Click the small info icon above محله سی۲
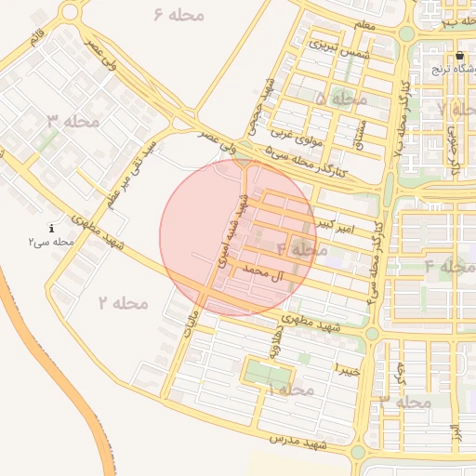[x=51, y=228]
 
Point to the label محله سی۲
[x=50, y=242]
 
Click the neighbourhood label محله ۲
[x=123, y=302]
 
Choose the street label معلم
[x=365, y=25]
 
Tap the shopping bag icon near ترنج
[x=459, y=56]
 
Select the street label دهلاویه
[x=281, y=355]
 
